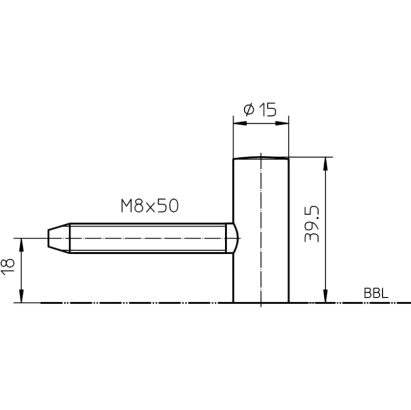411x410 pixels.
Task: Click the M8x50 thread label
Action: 150,206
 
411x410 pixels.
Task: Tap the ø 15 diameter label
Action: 260,110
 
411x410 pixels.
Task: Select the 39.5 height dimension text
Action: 312,224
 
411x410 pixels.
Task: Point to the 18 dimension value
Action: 8,267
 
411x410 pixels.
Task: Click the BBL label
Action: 376,293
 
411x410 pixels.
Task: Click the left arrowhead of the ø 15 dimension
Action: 240,124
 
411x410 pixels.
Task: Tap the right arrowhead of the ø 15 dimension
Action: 282,124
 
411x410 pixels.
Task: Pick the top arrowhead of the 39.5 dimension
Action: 325,164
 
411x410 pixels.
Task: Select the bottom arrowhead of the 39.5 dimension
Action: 325,296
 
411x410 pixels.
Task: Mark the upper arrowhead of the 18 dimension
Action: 22,245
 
